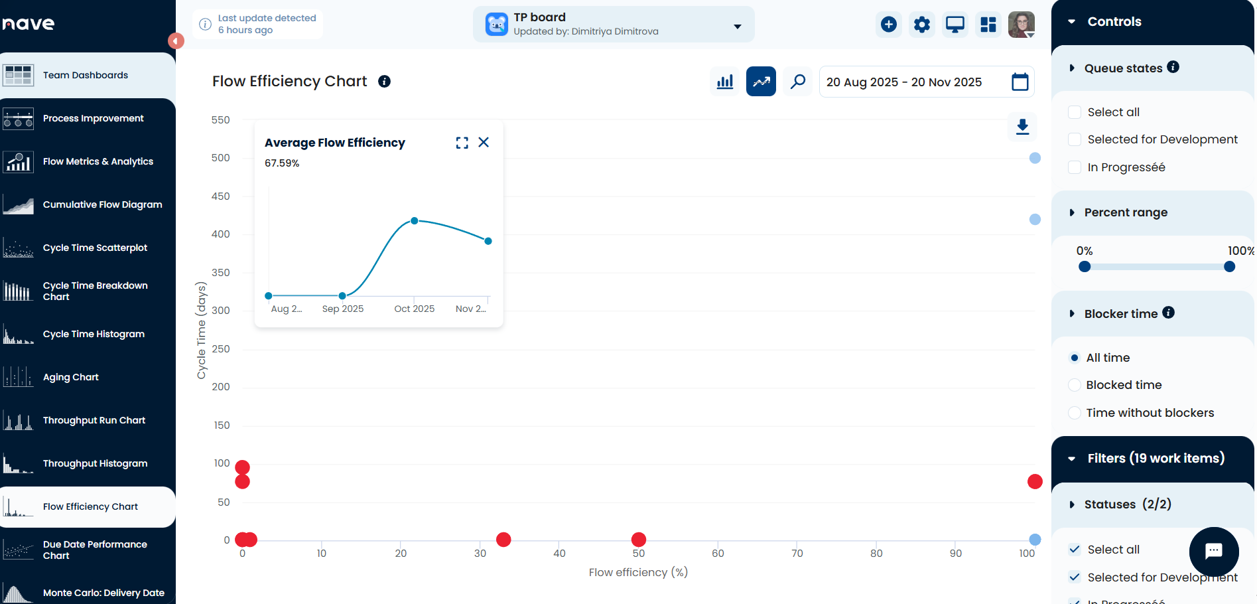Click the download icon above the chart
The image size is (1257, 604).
tap(1022, 126)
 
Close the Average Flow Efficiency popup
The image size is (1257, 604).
tap(484, 142)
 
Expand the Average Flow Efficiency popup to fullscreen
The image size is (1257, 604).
tap(462, 143)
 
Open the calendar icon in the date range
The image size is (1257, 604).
tap(1020, 82)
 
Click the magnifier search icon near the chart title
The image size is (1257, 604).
tap(797, 82)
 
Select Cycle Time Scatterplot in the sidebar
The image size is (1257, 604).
tap(95, 248)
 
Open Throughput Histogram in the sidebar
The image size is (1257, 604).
tap(95, 463)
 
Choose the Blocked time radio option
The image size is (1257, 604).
tap(1075, 385)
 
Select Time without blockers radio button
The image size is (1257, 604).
tap(1075, 413)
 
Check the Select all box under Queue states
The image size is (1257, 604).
tap(1075, 112)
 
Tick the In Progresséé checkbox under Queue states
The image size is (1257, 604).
tap(1075, 167)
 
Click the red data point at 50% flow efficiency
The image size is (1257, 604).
tap(639, 539)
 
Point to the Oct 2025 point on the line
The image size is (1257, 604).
tap(415, 220)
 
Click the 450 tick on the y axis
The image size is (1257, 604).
tap(220, 196)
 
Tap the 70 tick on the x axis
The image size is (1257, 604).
tap(797, 554)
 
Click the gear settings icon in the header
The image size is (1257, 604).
tap(921, 25)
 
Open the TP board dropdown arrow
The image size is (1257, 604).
tap(737, 27)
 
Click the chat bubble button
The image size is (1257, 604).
tap(1213, 551)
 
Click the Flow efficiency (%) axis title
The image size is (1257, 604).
tap(638, 572)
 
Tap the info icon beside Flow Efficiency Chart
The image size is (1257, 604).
tap(384, 81)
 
